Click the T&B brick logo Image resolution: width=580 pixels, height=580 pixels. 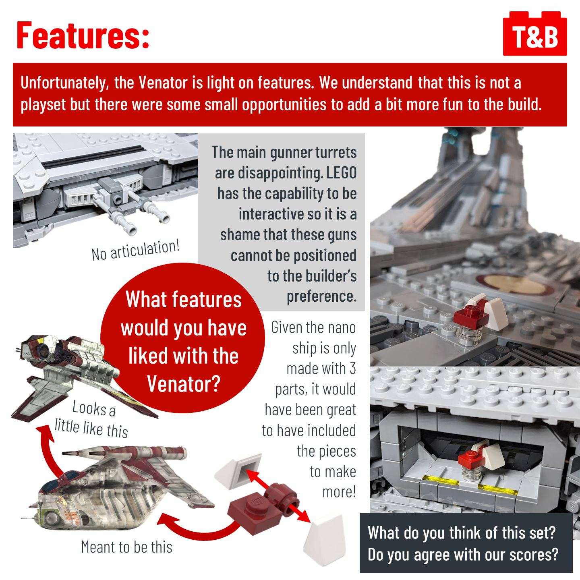pyautogui.click(x=535, y=33)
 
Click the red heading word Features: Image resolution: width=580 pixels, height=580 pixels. pyautogui.click(x=83, y=35)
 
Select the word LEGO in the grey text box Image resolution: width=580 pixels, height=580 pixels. pyautogui.click(x=341, y=173)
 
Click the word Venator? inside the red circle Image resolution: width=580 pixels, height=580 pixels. pyautogui.click(x=184, y=384)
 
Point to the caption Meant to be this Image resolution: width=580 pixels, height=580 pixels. pyautogui.click(x=127, y=547)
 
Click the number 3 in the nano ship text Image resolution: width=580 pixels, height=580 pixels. pyautogui.click(x=352, y=369)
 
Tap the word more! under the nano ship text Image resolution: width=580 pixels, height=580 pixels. pyautogui.click(x=339, y=492)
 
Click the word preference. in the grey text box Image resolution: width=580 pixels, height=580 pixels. pyautogui.click(x=321, y=296)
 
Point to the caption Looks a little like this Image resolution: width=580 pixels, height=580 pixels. pyautogui.click(x=91, y=419)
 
